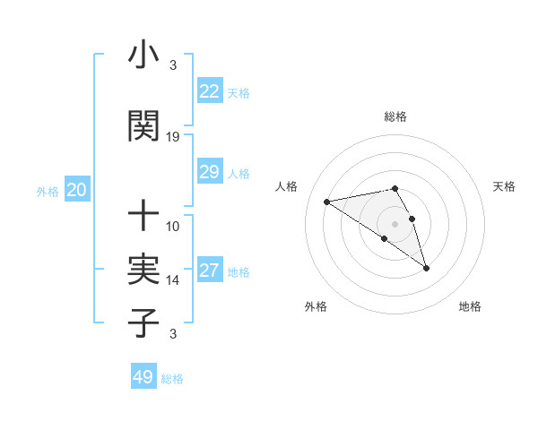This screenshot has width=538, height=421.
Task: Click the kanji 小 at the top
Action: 143,56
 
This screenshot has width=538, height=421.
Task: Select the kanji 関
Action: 143,126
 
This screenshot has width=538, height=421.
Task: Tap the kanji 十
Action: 143,216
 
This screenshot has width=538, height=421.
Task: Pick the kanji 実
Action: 143,270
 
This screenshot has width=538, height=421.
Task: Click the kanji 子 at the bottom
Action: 143,322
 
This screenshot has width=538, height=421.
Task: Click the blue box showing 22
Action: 209,91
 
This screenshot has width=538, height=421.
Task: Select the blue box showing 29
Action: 209,172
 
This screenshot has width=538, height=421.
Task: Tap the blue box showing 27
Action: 209,271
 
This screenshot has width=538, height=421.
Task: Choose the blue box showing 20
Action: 76,190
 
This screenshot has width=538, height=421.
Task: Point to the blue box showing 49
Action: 143,377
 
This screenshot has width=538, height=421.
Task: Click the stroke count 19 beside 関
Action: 173,137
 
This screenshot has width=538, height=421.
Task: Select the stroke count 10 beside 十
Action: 173,227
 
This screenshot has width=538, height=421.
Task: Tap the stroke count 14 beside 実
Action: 173,280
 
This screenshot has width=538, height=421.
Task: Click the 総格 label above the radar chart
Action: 395,116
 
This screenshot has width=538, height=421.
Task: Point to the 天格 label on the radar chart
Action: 505,186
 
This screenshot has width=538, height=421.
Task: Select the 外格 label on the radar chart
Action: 316,306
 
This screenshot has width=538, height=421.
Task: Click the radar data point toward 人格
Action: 327,202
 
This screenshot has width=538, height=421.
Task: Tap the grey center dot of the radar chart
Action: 395,223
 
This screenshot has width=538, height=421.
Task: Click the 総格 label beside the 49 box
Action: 172,379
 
